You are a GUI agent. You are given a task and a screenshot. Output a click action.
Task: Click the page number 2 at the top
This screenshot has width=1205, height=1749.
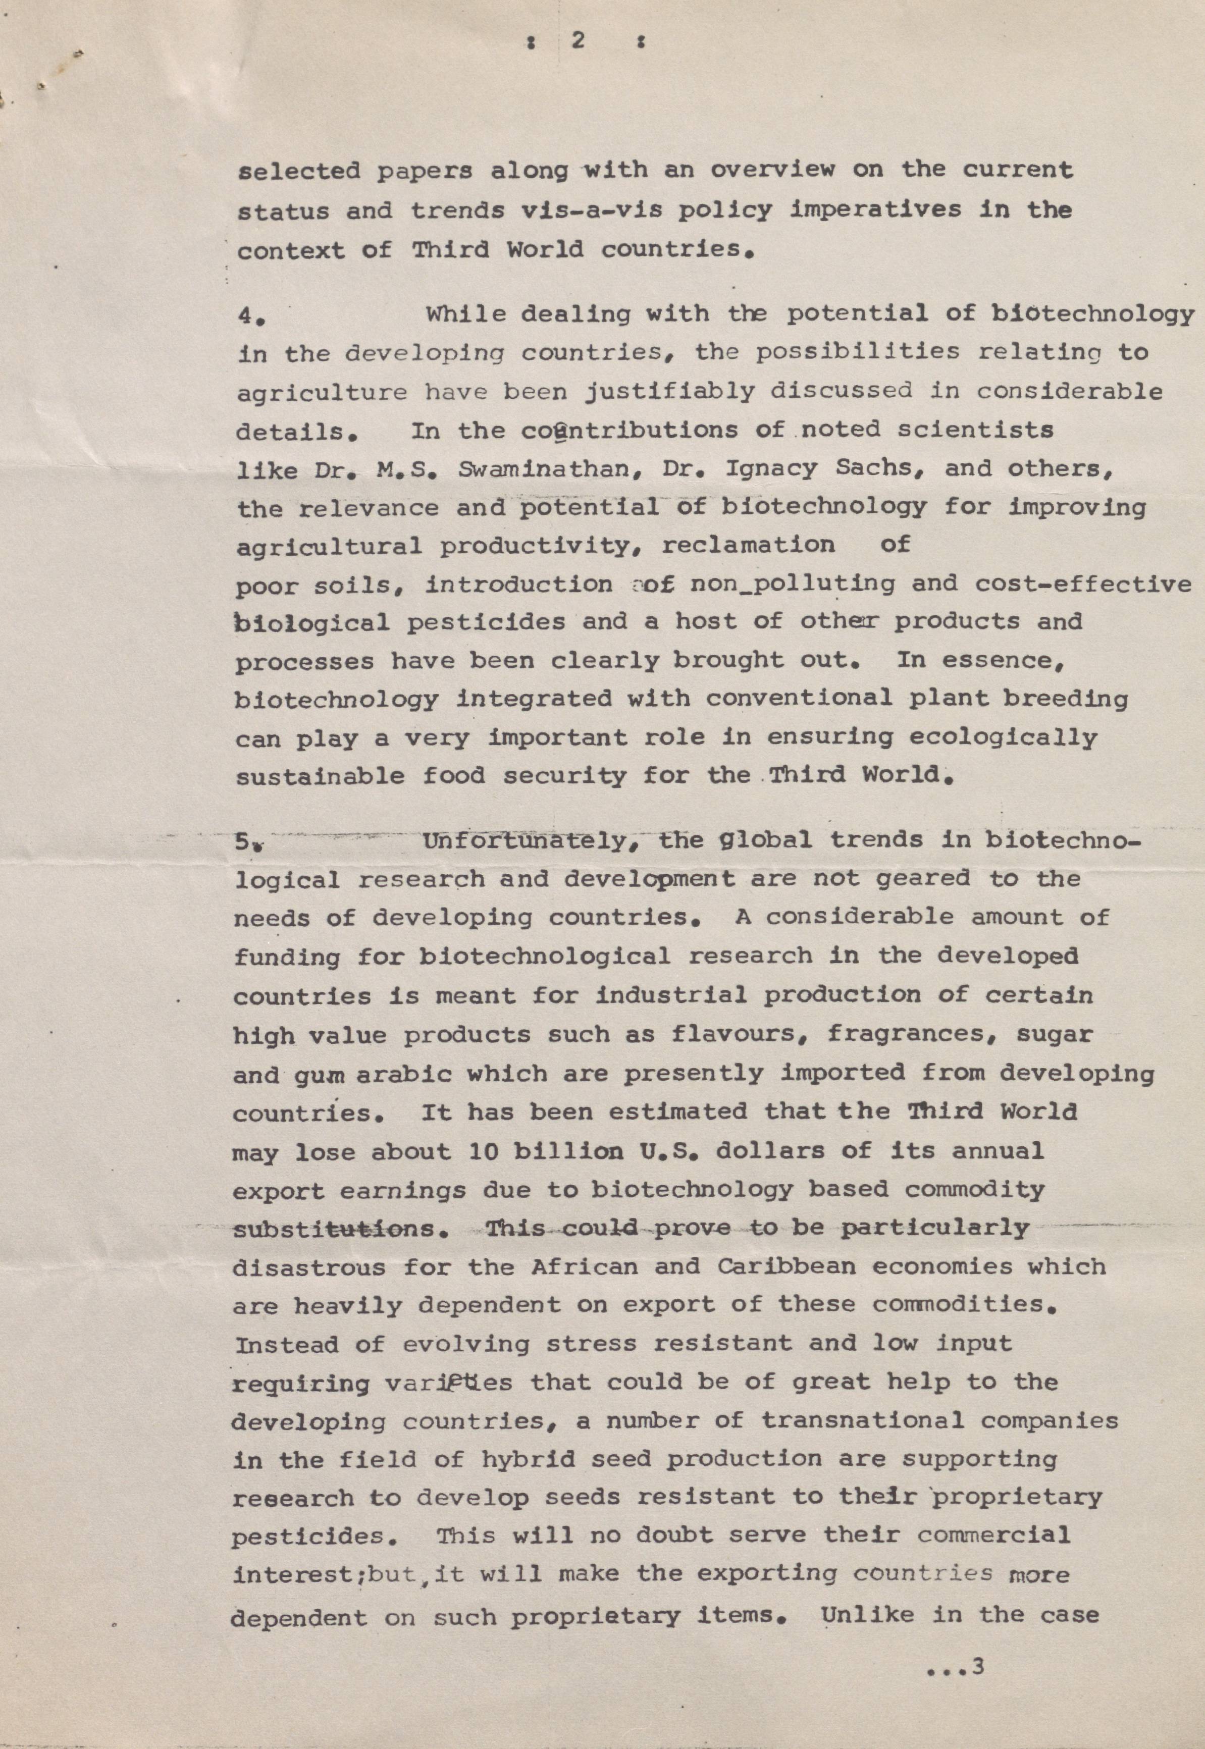[579, 41]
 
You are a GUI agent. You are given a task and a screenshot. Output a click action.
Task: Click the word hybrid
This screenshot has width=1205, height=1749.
[528, 1459]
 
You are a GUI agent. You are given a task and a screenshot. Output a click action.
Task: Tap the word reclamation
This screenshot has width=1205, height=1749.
[748, 546]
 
